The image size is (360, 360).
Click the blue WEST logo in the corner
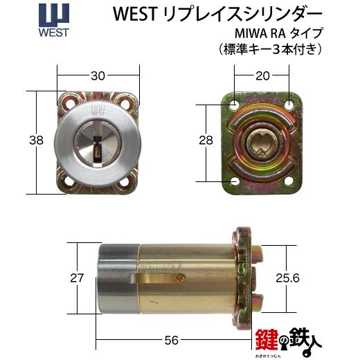tap(54, 20)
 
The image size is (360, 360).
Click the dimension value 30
tap(98, 75)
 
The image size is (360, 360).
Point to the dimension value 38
tap(36, 140)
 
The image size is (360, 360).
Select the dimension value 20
tap(262, 75)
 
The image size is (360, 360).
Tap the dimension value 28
tap(206, 140)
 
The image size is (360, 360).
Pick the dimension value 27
tap(77, 278)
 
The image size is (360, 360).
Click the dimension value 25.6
tap(287, 278)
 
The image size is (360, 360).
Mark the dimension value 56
tap(172, 340)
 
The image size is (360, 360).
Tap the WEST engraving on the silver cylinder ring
tap(98, 110)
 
